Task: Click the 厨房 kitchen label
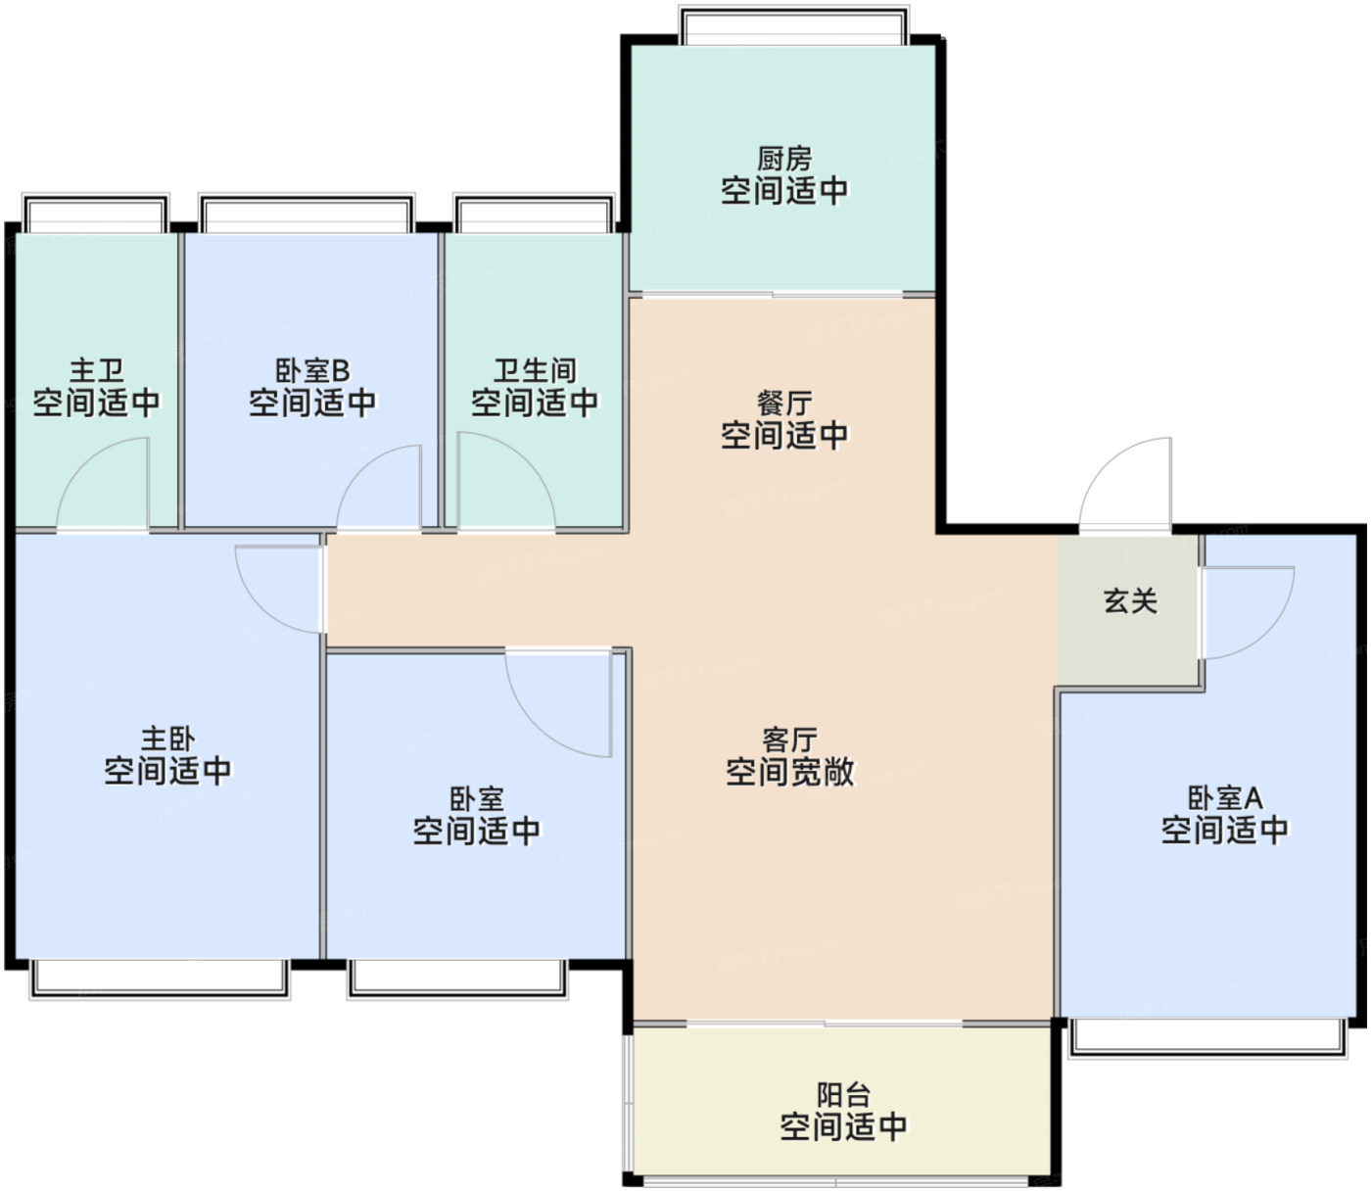click(784, 160)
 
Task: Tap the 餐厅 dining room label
click(784, 404)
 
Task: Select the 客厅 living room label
click(789, 740)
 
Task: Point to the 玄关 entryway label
click(1130, 601)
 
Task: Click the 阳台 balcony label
click(843, 1095)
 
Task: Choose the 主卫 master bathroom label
click(97, 370)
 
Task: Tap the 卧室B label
click(313, 370)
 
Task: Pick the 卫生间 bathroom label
click(535, 370)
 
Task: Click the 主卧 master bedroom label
click(167, 739)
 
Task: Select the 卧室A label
click(1225, 798)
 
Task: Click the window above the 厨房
click(794, 25)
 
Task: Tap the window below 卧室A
click(1206, 1038)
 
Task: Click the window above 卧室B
click(307, 214)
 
